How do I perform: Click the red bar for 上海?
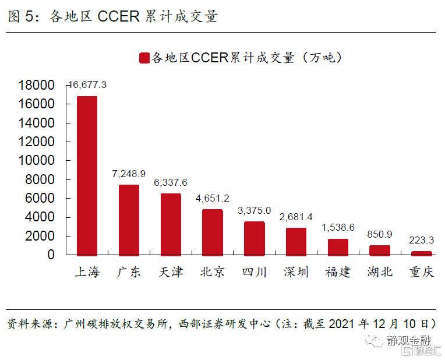[87, 175]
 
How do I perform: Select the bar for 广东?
[129, 220]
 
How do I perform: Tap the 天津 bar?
[171, 224]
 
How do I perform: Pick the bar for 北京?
[213, 232]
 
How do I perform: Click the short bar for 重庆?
[422, 253]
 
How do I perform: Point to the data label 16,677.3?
[87, 85]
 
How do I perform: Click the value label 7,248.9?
[129, 174]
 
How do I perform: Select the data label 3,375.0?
[255, 210]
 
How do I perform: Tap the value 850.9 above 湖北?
[380, 234]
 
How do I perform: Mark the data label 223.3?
[422, 240]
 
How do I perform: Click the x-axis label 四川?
[255, 272]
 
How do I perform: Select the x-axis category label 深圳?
[296, 272]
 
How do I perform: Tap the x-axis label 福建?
[338, 272]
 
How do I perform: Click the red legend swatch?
[144, 58]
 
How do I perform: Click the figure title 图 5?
[22, 16]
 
